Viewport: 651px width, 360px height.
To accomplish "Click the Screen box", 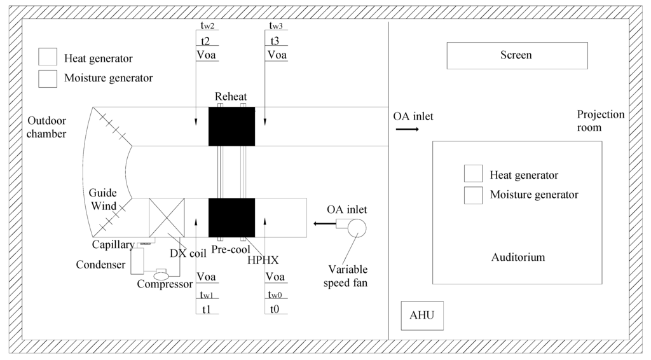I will pos(516,55).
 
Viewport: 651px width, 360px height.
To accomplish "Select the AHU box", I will pos(422,316).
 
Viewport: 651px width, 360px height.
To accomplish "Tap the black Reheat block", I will pos(231,127).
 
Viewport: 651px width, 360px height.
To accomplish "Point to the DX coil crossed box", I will pos(167,218).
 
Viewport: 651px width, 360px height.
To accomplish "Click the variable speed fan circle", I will pos(357,227).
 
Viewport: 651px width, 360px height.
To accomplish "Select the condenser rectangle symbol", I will pos(137,261).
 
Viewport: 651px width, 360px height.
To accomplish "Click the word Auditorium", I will pos(518,258).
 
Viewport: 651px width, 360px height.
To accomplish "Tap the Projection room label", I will pos(600,121).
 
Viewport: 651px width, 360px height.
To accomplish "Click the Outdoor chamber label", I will pos(46,127).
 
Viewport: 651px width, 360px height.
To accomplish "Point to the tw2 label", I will pos(207,25).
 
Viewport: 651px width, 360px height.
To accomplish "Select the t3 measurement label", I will pos(275,41).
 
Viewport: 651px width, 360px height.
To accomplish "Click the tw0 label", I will pos(275,293).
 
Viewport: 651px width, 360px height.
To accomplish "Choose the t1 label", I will pos(206,310).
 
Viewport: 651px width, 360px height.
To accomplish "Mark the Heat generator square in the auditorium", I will pos(473,174).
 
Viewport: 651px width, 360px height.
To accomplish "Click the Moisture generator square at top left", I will pos(47,78).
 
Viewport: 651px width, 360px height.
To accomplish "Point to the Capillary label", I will pos(113,245).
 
